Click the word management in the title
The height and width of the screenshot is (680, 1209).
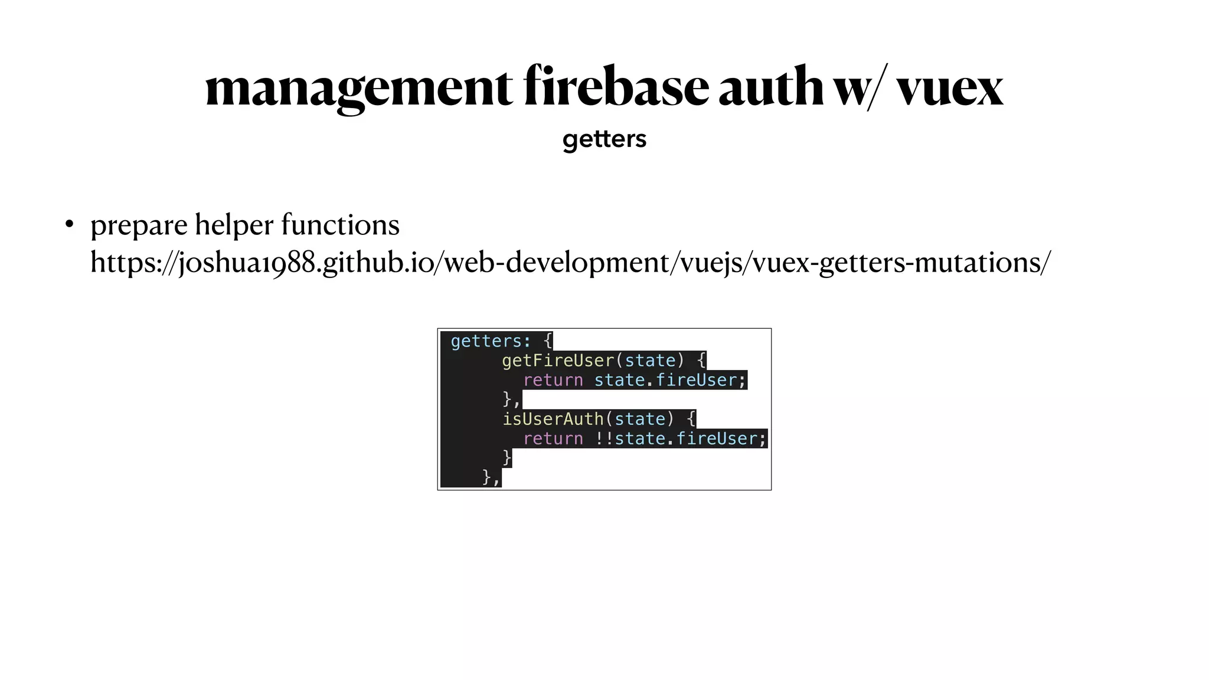pyautogui.click(x=358, y=87)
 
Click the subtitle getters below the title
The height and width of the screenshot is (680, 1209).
pyautogui.click(x=604, y=139)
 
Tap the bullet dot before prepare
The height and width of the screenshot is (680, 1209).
pyautogui.click(x=69, y=225)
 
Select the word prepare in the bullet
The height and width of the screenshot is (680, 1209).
pyautogui.click(x=139, y=225)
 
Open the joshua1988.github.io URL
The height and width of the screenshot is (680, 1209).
pyautogui.click(x=570, y=262)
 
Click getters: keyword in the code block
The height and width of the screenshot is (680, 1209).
pyautogui.click(x=491, y=341)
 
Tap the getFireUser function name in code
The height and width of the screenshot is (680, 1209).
pyautogui.click(x=558, y=361)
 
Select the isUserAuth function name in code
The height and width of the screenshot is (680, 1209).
pyautogui.click(x=553, y=419)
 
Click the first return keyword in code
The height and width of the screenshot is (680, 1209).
pyautogui.click(x=553, y=380)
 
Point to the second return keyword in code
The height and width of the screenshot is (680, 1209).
pyautogui.click(x=553, y=439)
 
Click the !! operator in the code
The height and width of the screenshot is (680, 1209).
pyautogui.click(x=604, y=439)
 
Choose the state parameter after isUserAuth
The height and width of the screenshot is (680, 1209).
pyautogui.click(x=639, y=419)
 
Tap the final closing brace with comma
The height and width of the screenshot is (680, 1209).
pyautogui.click(x=491, y=477)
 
